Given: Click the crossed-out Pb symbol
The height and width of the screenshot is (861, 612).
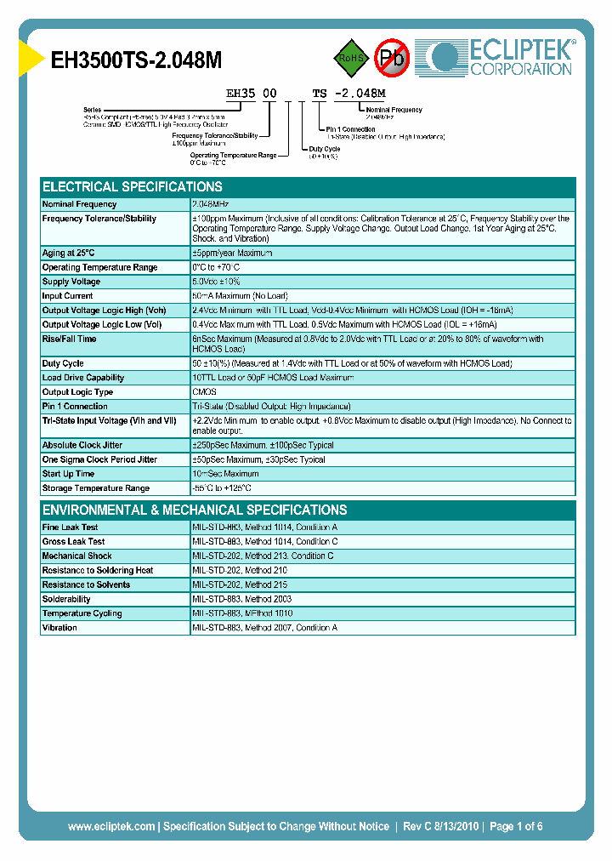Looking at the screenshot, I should tap(393, 58).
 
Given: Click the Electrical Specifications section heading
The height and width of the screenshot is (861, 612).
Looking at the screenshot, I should tap(133, 186).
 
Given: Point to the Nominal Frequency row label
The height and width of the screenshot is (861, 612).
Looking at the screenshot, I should tap(80, 204).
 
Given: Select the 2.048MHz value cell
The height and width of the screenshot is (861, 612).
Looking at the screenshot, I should tap(210, 204).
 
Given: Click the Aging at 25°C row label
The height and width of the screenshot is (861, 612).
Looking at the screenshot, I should tap(69, 253).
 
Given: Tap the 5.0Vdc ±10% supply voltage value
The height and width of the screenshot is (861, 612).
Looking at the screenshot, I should tap(218, 282).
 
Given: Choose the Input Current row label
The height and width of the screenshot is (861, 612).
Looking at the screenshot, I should tap(68, 296).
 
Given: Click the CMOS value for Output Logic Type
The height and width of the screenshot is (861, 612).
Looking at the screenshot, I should tap(205, 392).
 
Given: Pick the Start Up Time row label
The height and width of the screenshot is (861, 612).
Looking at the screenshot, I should tap(69, 474).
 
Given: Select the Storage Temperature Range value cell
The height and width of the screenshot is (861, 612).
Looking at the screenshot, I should tap(223, 488).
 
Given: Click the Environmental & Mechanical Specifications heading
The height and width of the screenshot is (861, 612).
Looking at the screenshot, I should tap(195, 510).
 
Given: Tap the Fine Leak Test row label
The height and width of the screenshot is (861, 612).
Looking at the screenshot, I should tap(71, 527).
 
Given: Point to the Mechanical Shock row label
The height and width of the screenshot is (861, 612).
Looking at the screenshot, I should tap(77, 556).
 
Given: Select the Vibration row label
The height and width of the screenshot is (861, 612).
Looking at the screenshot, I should tap(60, 628).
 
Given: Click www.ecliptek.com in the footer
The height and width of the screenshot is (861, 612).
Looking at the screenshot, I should tap(111, 826).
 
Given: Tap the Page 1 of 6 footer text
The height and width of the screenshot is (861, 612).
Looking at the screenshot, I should tap(516, 826).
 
